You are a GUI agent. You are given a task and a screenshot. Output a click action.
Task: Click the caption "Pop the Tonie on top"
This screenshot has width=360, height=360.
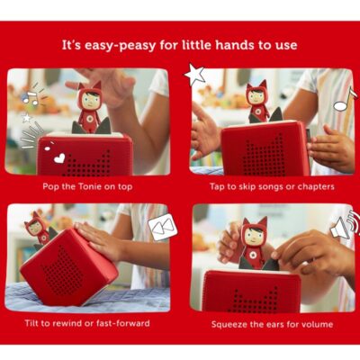pos(87,186)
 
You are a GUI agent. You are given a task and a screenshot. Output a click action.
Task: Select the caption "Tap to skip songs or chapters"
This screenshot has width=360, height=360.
pos(272,186)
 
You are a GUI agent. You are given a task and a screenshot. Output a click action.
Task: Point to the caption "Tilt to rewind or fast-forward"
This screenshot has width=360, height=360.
pos(87,323)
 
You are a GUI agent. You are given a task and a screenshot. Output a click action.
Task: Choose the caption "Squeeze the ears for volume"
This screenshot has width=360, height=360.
pos(272,324)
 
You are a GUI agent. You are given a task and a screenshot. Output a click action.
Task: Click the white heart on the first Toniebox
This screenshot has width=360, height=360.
pos(59,158)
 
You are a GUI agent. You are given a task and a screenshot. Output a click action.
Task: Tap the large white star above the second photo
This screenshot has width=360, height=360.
pos(195,74)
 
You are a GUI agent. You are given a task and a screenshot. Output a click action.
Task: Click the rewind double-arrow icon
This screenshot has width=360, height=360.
pos(163,227)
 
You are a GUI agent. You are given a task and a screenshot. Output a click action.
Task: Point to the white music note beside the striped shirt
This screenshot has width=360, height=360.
pos(345,100)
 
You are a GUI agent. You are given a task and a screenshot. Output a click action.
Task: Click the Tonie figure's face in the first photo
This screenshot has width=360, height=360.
pos(90,101)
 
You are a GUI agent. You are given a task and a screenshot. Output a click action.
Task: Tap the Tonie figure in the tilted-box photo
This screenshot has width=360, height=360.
pos(40,229)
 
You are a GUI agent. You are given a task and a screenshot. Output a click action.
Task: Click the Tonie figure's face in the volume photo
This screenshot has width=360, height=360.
pos(255,237)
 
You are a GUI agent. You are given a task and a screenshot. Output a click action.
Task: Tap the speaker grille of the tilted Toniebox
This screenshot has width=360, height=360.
pos(62,272)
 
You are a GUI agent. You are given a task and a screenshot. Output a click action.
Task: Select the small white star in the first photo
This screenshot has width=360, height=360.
pos(27,118)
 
